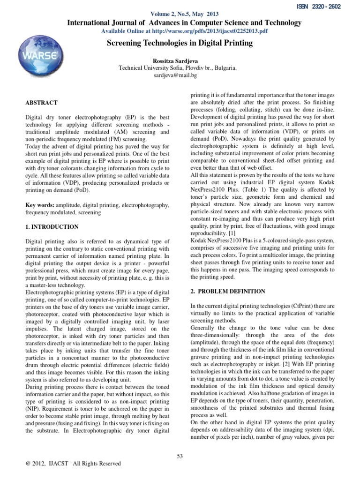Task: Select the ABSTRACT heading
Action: (41, 103)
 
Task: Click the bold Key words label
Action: (39, 206)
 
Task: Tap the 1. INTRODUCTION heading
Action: (52, 227)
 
